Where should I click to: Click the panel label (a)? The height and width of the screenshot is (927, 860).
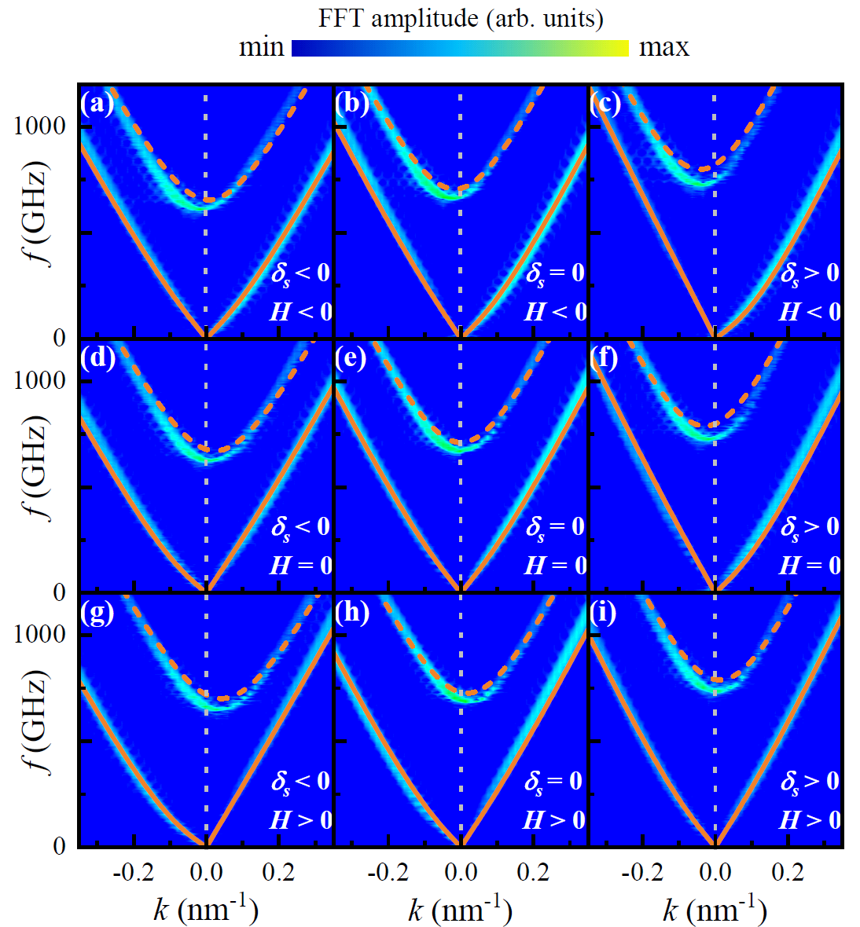[97, 103]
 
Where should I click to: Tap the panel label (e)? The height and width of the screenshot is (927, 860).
[352, 357]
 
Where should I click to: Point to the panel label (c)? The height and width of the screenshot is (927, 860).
[606, 103]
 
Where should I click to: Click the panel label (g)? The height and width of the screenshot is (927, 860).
[97, 611]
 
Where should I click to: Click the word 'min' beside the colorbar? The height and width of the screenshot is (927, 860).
[261, 47]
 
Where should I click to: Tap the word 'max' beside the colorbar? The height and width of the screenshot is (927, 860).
[663, 47]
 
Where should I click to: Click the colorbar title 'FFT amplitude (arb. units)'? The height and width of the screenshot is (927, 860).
[461, 18]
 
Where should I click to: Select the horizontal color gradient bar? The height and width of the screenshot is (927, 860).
[460, 48]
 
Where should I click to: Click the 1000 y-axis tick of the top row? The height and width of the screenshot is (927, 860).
[39, 126]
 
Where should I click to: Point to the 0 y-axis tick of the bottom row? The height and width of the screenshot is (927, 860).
[59, 846]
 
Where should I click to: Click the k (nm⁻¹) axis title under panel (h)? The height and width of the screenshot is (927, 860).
[460, 909]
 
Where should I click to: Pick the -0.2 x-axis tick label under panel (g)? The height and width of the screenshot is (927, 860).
[134, 872]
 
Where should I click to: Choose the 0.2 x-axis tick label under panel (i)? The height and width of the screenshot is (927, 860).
[787, 872]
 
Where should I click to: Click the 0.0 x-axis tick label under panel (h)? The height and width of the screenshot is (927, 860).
[461, 872]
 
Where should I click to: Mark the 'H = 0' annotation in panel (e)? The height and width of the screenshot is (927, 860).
[555, 565]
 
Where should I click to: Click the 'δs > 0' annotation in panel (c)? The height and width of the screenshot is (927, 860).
[810, 273]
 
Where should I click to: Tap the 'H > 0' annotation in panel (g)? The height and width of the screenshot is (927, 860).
[300, 819]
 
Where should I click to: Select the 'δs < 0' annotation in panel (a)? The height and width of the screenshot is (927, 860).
[300, 273]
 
